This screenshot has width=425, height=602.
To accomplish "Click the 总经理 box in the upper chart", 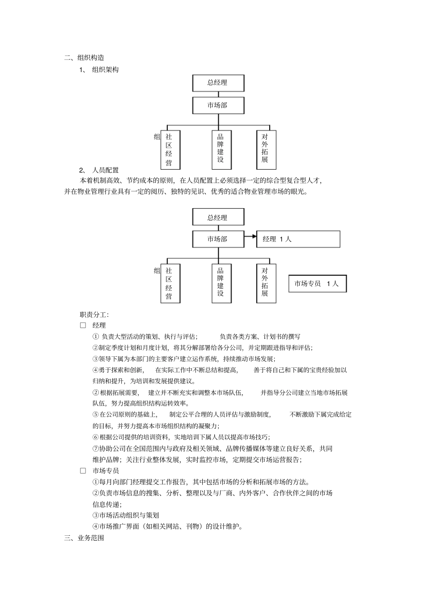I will [x=218, y=83].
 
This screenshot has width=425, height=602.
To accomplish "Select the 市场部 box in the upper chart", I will [x=218, y=106].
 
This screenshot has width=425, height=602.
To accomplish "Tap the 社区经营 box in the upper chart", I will [x=170, y=149].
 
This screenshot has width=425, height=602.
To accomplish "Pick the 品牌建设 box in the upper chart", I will [x=221, y=149].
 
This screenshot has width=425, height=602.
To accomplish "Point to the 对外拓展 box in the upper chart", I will [x=266, y=149].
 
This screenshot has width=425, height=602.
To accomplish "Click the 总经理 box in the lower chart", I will [x=218, y=218].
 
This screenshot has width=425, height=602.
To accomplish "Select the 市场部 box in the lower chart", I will [x=218, y=239].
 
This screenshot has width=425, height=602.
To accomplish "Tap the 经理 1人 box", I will [x=298, y=239].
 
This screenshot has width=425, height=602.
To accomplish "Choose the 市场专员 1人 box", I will [x=317, y=284].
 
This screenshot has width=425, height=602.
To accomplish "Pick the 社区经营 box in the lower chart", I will [x=170, y=283].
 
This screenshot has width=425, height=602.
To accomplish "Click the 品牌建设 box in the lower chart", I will [x=221, y=283].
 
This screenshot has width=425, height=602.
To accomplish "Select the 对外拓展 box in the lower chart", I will [x=266, y=283].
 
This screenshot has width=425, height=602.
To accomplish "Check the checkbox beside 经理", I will [x=83, y=325].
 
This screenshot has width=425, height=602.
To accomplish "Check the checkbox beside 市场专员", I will [x=83, y=470].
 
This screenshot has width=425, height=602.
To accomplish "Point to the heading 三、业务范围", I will [x=85, y=538].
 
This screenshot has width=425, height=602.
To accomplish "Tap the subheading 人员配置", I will [x=106, y=170].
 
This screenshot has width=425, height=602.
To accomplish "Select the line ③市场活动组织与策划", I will [x=126, y=515].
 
